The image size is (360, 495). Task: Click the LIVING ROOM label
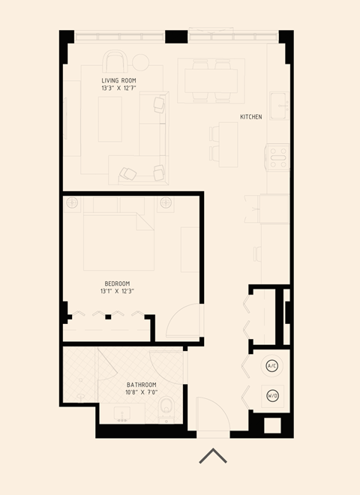[x=118, y=80]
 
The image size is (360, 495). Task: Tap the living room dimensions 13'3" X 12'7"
[x=118, y=88]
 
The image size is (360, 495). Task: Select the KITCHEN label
[x=250, y=117]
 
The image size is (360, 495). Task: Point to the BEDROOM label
[x=117, y=283]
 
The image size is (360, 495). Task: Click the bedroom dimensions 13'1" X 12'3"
[x=117, y=291]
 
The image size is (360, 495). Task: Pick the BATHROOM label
[x=141, y=385]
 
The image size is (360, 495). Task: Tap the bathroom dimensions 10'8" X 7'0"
[x=141, y=393]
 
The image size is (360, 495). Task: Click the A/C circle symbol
[x=272, y=366]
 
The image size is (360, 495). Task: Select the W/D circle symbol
[x=272, y=395]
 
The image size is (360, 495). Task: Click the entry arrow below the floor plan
[x=213, y=456]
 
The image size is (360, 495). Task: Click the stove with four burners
[x=278, y=158]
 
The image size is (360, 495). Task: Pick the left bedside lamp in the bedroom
[x=72, y=202]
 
